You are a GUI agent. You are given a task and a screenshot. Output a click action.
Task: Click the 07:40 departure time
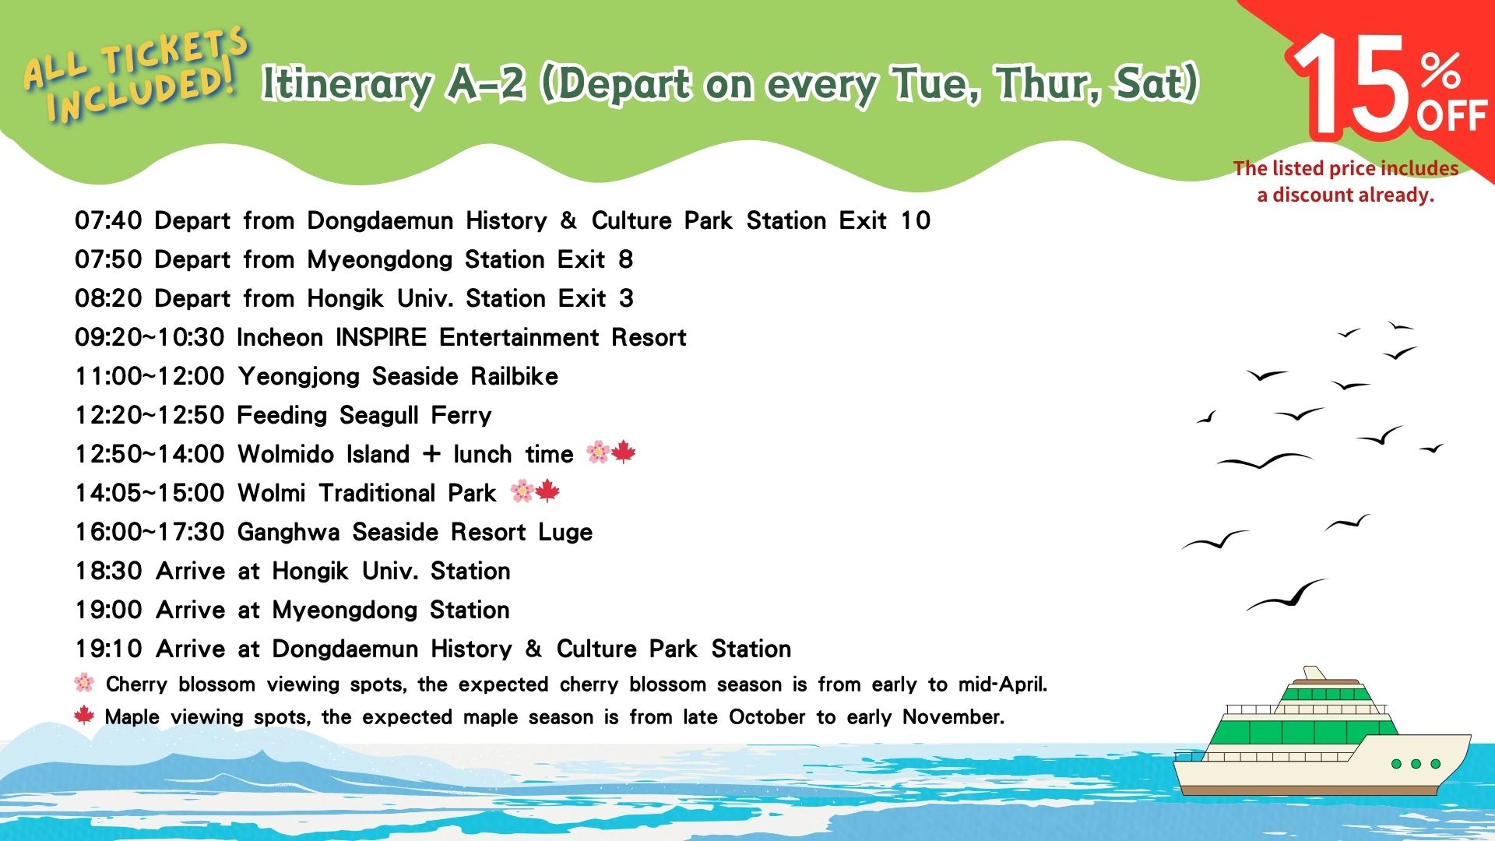coord(108,220)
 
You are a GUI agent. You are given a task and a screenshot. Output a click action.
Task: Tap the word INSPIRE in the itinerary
coord(381,337)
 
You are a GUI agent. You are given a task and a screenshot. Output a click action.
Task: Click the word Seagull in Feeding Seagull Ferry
coord(379,416)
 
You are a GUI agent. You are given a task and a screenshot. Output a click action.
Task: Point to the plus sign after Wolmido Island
coord(431,454)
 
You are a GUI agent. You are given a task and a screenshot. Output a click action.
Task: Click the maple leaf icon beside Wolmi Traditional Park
coord(548,491)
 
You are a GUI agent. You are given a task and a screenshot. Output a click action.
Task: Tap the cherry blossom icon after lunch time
coord(598,452)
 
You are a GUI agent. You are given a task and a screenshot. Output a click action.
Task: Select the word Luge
coord(565,533)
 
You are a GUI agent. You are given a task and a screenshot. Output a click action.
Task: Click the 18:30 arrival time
coord(108,571)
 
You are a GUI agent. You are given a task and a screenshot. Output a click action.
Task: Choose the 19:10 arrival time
coord(108,649)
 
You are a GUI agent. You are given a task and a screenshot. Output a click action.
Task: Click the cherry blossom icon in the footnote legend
coord(84,683)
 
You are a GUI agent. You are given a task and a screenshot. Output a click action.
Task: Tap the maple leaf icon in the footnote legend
coord(84,715)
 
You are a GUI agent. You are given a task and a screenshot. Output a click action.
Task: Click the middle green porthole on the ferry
coord(1416,764)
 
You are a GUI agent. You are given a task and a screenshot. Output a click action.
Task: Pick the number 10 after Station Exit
coord(916,220)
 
